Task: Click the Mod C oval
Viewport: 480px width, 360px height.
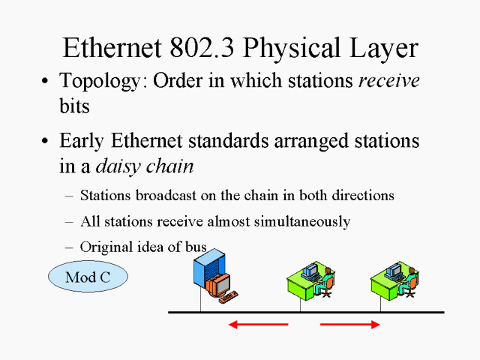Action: [88, 277]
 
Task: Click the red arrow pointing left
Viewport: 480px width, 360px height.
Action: [258, 324]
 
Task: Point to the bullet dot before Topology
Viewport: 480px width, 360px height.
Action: [47, 82]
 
